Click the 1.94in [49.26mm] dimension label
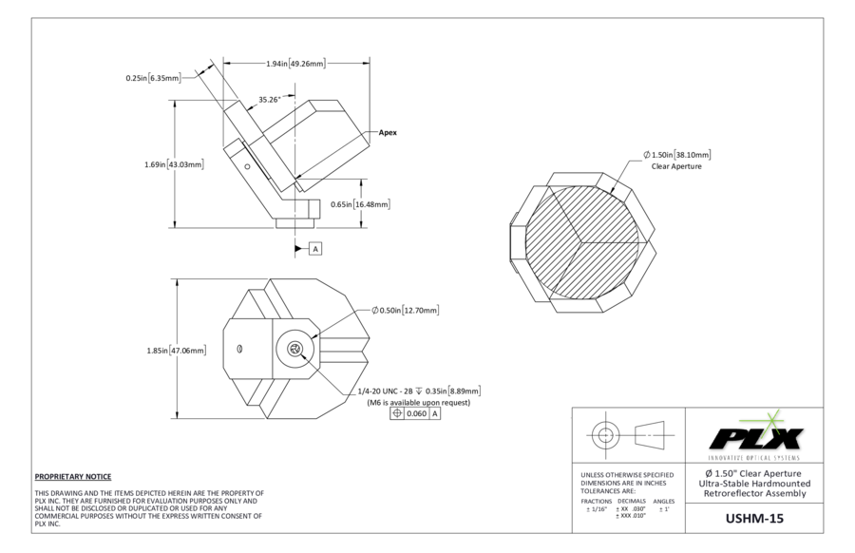pyautogui.click(x=295, y=64)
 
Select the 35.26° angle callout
pyautogui.click(x=269, y=99)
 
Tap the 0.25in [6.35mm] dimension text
pyautogui.click(x=153, y=78)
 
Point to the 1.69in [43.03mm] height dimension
pyautogui.click(x=173, y=164)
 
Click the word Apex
pyautogui.click(x=388, y=133)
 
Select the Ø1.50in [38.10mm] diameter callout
pyautogui.click(x=676, y=155)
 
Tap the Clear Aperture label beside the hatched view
pyautogui.click(x=676, y=166)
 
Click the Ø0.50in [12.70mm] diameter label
pyautogui.click(x=405, y=311)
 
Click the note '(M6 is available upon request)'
pyautogui.click(x=418, y=402)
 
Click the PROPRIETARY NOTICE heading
pyautogui.click(x=73, y=476)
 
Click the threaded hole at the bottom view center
pyautogui.click(x=295, y=350)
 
